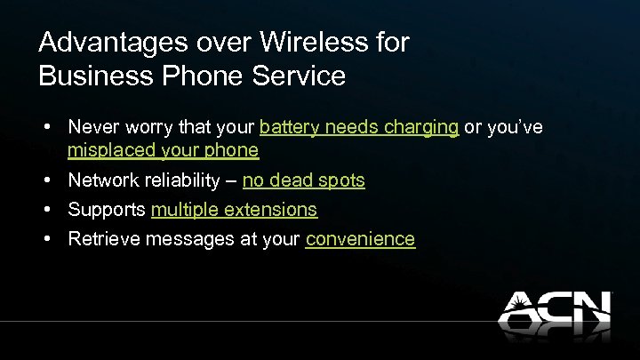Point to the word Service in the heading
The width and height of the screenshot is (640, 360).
click(298, 76)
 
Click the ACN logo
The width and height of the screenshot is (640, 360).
click(554, 312)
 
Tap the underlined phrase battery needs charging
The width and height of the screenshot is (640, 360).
click(359, 128)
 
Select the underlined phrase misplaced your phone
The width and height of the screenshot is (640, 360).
click(163, 150)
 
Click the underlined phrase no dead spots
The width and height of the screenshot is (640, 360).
click(303, 180)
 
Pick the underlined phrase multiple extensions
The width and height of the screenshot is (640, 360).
click(234, 210)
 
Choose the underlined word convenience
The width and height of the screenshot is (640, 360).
click(360, 239)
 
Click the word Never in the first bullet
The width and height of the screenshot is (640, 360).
click(92, 128)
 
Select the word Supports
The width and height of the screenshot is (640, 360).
click(108, 210)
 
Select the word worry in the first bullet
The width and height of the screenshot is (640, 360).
click(145, 128)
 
